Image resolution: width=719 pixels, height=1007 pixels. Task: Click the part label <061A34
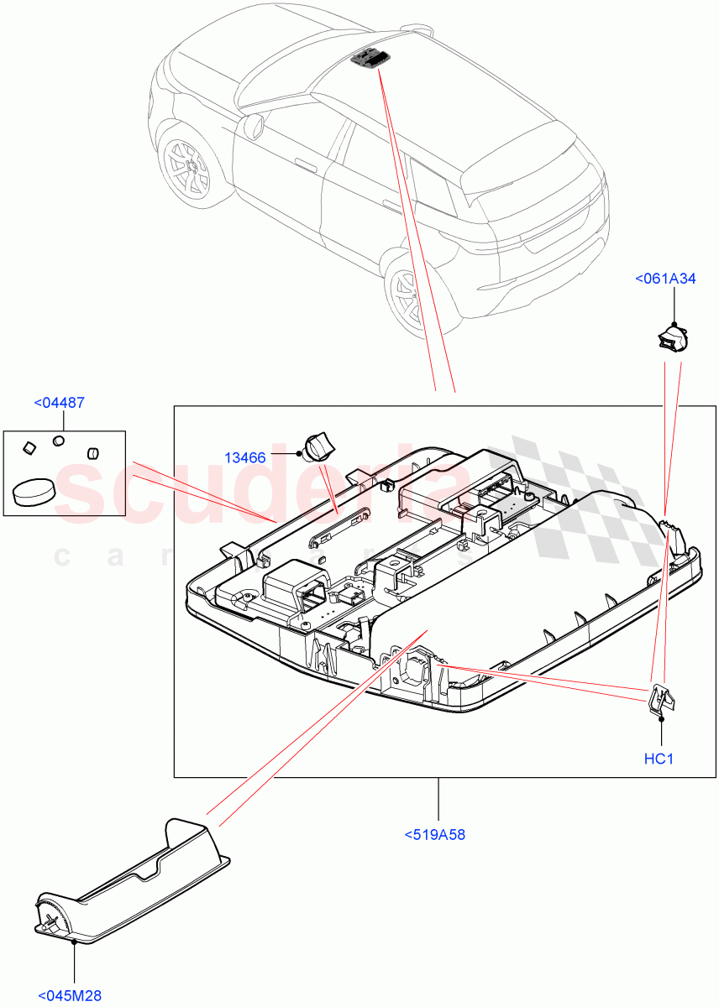tap(664, 279)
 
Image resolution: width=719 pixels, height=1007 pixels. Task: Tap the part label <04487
tap(59, 403)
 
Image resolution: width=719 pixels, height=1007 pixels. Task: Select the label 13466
tap(245, 457)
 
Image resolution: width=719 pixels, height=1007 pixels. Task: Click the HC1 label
tap(659, 759)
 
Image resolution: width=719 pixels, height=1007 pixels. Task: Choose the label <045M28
tap(70, 996)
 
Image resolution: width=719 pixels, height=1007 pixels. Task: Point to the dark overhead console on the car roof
tap(370, 56)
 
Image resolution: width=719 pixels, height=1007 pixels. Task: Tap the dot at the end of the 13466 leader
tap(300, 454)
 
